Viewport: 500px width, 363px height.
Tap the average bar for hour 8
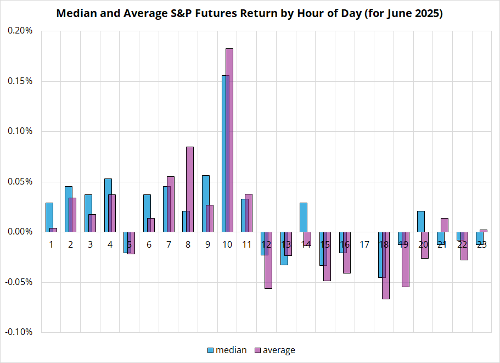click(190, 189)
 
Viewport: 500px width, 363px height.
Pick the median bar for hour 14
click(304, 217)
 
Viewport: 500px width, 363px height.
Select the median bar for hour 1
click(49, 217)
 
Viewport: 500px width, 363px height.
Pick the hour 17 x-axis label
click(364, 244)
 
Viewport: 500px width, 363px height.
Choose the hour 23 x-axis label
click(481, 244)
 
